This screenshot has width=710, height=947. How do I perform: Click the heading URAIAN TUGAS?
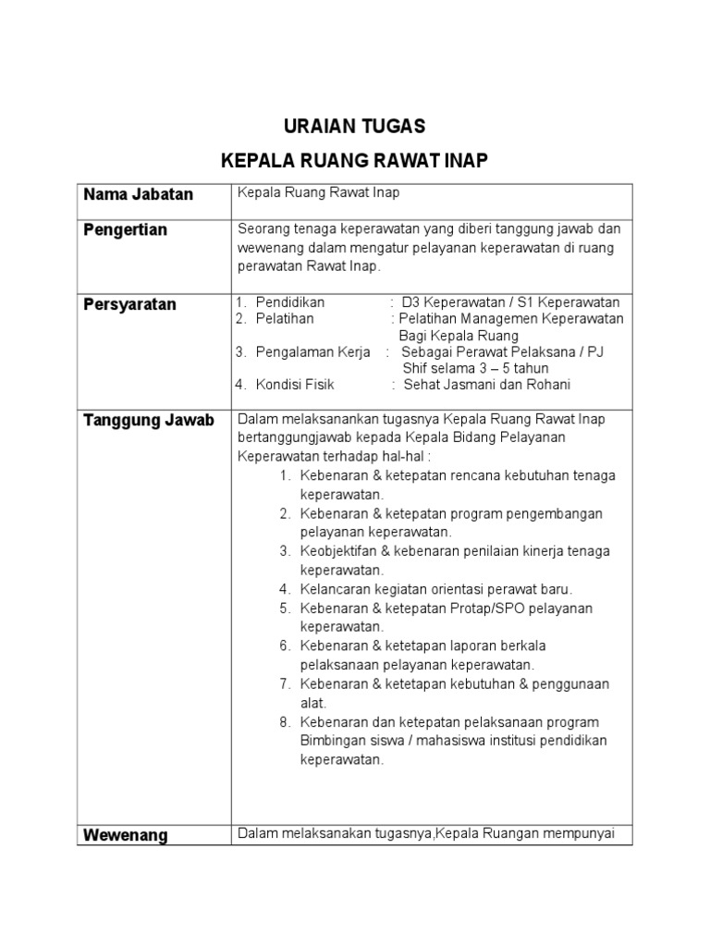(x=354, y=126)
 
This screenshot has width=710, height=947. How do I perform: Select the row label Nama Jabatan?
(x=138, y=194)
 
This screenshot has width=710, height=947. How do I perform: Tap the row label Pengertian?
(x=125, y=229)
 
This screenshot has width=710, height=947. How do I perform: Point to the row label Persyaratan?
(x=129, y=304)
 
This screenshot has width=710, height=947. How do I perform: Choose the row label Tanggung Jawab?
(x=149, y=420)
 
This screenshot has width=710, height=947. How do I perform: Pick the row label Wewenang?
(x=125, y=835)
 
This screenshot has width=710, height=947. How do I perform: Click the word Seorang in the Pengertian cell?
(x=263, y=228)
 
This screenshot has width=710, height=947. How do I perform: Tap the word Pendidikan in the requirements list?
(x=290, y=302)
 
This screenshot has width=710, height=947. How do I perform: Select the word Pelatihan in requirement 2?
(x=285, y=319)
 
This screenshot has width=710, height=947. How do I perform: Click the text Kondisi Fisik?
(x=295, y=385)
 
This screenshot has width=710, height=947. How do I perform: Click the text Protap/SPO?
(x=514, y=609)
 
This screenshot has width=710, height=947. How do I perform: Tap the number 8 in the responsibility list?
(x=286, y=722)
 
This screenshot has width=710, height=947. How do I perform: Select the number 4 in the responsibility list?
(x=286, y=589)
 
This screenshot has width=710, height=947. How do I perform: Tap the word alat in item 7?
(x=312, y=703)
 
